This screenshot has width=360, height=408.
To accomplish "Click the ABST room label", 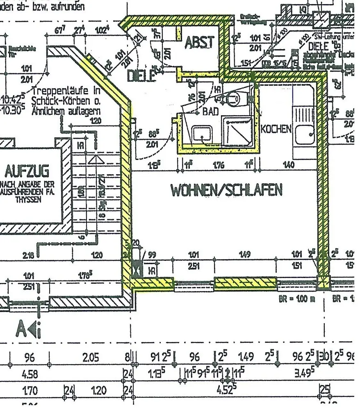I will coord(200,42).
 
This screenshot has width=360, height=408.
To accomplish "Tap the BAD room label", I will coord(211,112).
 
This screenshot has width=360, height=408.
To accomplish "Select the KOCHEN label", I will coord(276,129).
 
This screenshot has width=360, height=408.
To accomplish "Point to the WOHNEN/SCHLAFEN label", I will coord(226,190).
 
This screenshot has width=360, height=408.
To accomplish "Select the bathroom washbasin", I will coord(202,134).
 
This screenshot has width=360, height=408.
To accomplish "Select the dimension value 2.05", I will coord(91,358).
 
